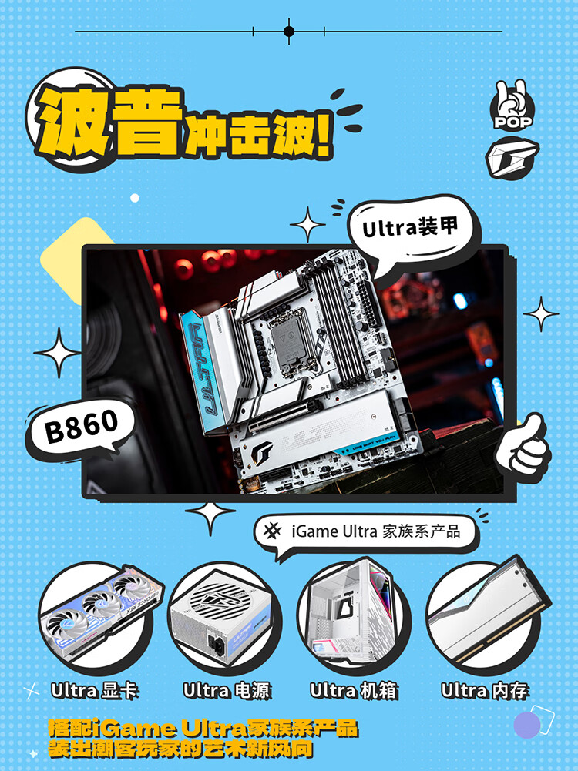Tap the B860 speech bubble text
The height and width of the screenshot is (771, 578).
coord(82,425)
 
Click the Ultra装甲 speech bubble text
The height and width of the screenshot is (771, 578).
coord(410,228)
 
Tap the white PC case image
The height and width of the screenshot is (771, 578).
coord(350,612)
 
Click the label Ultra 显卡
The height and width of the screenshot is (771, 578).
coord(95,691)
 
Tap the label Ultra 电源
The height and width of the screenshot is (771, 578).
coord(227,691)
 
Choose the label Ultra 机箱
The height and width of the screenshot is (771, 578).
coord(354,691)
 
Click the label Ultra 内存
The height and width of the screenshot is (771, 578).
coord(485,691)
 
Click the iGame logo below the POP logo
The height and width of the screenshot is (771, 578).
coord(512,157)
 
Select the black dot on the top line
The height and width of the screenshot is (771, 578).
coord(289,32)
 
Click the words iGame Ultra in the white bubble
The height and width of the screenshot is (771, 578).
coord(334,531)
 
